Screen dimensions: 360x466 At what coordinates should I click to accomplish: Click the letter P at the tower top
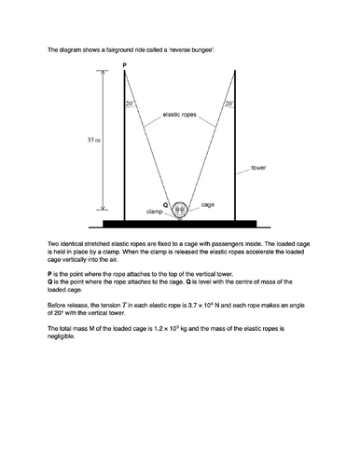coord(123,65)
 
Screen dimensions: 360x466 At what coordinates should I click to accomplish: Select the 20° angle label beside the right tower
coord(228,104)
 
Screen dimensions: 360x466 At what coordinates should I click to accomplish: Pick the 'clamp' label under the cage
coord(156,212)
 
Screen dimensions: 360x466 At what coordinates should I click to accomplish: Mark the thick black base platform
coord(179,224)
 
